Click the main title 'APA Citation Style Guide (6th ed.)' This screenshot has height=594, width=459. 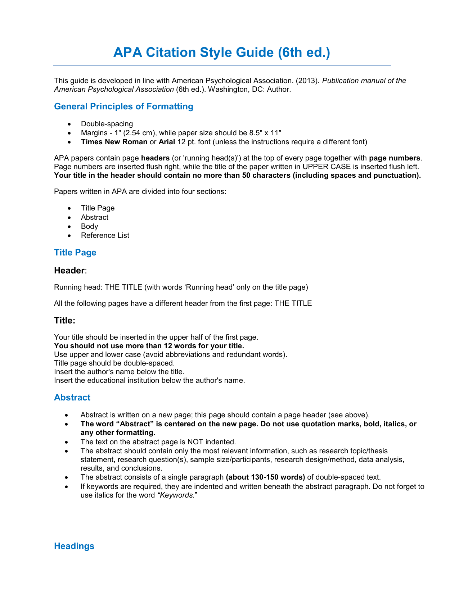(221, 53)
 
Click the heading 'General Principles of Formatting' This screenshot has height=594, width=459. (123, 106)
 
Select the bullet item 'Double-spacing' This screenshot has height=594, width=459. (107, 124)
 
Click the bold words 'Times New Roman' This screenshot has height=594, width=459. (114, 142)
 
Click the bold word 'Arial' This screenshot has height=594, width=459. (167, 142)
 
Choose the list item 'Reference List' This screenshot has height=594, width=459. (105, 235)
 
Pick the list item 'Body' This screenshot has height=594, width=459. (89, 226)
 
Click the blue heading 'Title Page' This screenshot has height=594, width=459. (75, 253)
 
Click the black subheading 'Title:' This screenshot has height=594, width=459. (64, 321)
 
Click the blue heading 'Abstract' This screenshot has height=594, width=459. (72, 398)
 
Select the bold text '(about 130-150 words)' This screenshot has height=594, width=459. (265, 477)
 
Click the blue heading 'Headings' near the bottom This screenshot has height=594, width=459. (74, 546)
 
